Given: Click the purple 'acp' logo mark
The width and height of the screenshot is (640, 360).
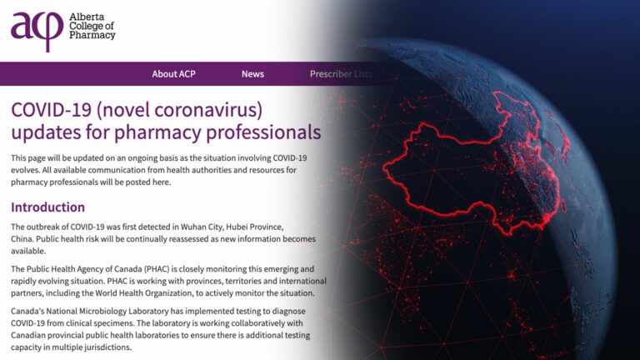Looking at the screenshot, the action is coord(37,31).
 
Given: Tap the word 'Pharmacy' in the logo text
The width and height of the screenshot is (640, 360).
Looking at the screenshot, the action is coord(92,35).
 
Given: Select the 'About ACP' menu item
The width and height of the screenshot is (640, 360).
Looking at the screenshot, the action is coord(173,74).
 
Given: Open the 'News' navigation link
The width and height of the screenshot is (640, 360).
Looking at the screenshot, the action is coord(252,74).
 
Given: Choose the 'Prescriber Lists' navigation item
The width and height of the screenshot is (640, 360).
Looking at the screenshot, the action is coord(341,74).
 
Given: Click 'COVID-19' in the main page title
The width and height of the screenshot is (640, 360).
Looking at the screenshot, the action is coord(52,110).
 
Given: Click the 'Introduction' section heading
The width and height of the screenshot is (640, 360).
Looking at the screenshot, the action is coord(47,207).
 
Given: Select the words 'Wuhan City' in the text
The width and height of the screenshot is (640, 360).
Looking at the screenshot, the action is coord(200,227).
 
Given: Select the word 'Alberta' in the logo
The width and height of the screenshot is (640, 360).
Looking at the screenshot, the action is coord(87,17).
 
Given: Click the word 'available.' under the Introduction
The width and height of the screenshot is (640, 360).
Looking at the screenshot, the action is coord(28,251).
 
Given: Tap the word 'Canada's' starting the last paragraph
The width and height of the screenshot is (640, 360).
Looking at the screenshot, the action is coord(27,311).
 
